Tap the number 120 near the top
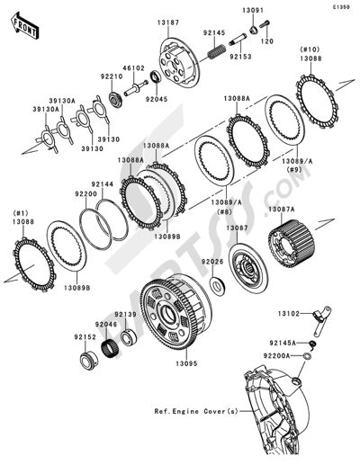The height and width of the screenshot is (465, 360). (x=266, y=42)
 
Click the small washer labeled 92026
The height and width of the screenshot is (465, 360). (x=219, y=286)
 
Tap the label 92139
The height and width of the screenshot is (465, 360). (x=126, y=315)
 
